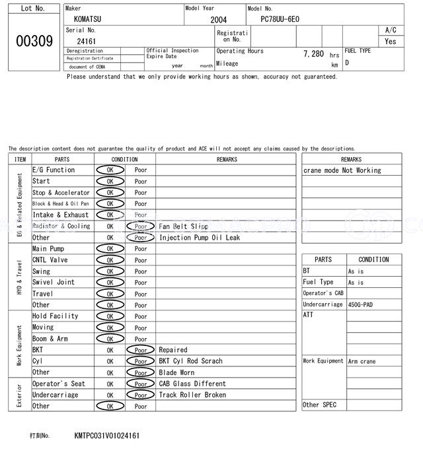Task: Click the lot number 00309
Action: click(x=34, y=40)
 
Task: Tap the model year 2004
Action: click(x=218, y=20)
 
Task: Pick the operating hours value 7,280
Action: click(x=313, y=53)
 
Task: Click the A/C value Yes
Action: click(x=391, y=41)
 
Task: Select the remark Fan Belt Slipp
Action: click(x=183, y=226)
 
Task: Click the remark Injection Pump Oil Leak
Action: click(x=200, y=238)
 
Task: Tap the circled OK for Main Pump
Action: click(x=110, y=248)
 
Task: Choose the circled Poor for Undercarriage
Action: click(x=141, y=395)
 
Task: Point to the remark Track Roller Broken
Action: click(x=192, y=395)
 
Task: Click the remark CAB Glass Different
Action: click(x=192, y=384)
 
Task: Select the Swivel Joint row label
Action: click(x=54, y=282)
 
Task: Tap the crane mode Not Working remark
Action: click(x=342, y=170)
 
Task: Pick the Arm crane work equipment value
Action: click(x=362, y=361)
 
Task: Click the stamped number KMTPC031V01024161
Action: click(x=107, y=436)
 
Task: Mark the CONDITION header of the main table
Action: click(x=124, y=159)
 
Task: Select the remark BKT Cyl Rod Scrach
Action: click(x=190, y=361)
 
